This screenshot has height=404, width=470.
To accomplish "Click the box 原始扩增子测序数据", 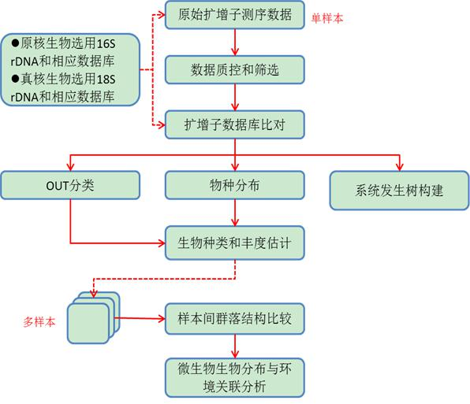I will [x=235, y=16].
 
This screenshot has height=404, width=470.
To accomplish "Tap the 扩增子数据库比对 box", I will [x=235, y=123].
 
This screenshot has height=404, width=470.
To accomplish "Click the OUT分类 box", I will [x=71, y=186].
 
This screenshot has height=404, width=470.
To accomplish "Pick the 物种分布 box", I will [x=235, y=186].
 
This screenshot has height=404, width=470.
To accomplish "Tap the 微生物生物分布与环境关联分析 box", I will [x=235, y=376].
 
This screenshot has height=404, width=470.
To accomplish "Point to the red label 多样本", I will [x=38, y=323].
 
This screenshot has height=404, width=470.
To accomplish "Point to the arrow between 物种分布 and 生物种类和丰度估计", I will [x=235, y=213].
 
